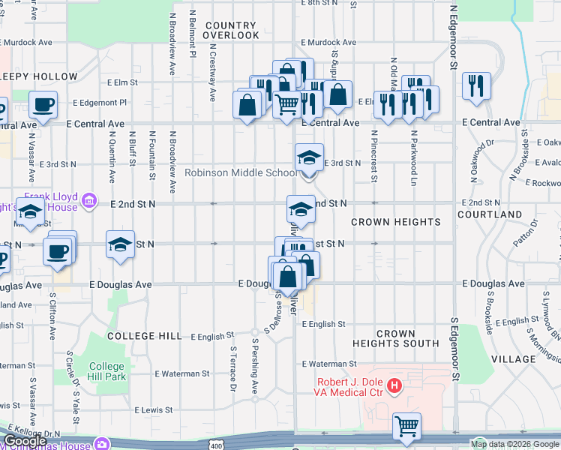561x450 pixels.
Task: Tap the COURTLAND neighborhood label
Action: coord(493,214)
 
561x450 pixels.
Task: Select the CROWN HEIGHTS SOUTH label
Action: coord(396,338)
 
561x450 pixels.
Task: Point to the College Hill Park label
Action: coord(107,372)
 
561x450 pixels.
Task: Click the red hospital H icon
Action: coord(395,386)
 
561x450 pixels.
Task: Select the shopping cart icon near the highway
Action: coord(406,426)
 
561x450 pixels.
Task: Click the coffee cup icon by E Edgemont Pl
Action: coord(43,104)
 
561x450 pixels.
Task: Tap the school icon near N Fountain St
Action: coord(119,244)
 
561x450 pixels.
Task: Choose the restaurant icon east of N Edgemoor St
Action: coord(475,85)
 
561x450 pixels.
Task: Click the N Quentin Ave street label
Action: coord(112,157)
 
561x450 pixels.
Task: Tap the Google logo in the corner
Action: coord(25,442)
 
